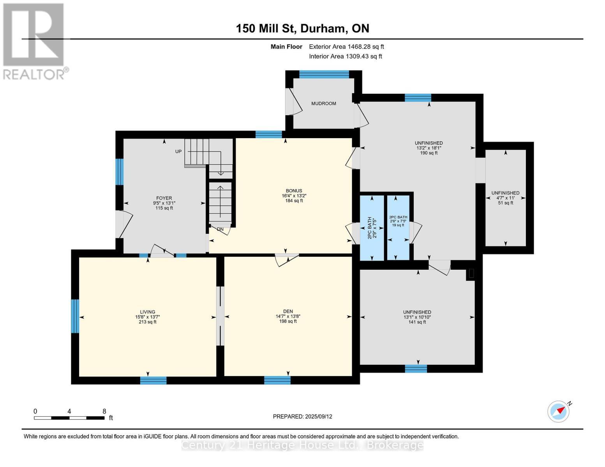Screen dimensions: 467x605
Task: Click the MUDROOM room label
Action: pyautogui.click(x=323, y=104)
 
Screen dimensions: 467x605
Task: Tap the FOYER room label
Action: pyautogui.click(x=164, y=198)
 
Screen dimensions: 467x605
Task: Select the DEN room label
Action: pyautogui.click(x=288, y=311)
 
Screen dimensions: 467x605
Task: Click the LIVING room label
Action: pyautogui.click(x=148, y=312)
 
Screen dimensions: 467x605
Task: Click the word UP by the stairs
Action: pyautogui.click(x=178, y=151)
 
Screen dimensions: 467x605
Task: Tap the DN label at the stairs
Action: pyautogui.click(x=220, y=229)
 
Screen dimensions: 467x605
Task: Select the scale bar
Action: pyautogui.click(x=69, y=418)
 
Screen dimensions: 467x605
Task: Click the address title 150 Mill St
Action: pyautogui.click(x=302, y=28)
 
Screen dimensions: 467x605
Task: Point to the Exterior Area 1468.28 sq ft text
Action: pyautogui.click(x=346, y=47)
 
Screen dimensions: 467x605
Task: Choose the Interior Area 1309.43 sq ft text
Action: pyautogui.click(x=345, y=56)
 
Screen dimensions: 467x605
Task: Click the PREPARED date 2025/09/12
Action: pyautogui.click(x=302, y=416)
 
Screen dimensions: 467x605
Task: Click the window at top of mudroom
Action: pyautogui.click(x=324, y=74)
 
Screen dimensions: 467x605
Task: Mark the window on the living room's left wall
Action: pyautogui.click(x=75, y=316)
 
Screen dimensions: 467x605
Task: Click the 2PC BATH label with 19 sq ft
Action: pyautogui.click(x=398, y=221)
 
